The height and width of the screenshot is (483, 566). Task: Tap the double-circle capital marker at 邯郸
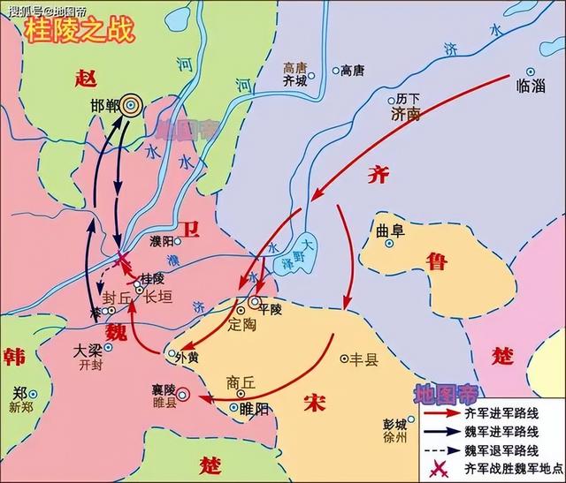pyautogui.click(x=131, y=105)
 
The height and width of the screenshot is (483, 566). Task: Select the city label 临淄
pyautogui.click(x=529, y=87)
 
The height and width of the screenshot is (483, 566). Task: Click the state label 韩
pyautogui.click(x=14, y=357)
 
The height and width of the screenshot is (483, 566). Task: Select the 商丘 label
pyautogui.click(x=240, y=382)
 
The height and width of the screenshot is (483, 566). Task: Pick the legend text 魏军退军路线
pyautogui.click(x=501, y=449)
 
